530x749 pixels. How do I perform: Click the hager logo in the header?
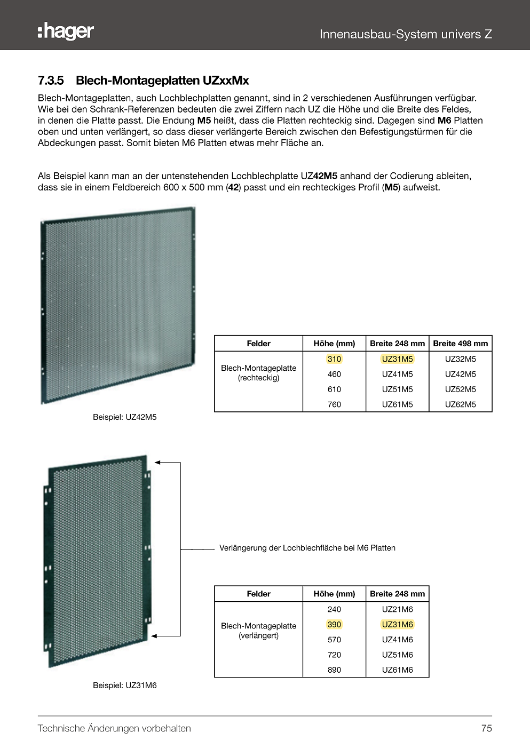66,32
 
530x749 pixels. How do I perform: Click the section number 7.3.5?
51,81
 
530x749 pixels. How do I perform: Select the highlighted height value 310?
334,359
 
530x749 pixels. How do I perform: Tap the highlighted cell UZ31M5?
397,359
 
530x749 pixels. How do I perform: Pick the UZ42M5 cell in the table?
460,374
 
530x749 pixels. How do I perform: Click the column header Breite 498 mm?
460,344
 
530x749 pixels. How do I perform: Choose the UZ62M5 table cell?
460,404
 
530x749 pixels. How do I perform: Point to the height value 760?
334,404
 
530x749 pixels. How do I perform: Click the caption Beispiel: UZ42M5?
125,417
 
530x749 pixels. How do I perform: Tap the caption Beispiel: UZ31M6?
125,686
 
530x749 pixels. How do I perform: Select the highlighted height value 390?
334,625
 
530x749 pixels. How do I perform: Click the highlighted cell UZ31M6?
397,625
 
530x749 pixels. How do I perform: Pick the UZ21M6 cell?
397,609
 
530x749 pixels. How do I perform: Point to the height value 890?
334,670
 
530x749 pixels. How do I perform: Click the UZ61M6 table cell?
397,670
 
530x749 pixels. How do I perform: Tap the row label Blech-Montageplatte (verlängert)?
258,631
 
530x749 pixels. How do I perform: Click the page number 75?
486,729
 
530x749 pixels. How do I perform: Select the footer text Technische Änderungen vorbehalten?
114,729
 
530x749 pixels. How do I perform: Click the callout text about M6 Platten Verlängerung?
307,548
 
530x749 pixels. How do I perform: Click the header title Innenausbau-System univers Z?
406,34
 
